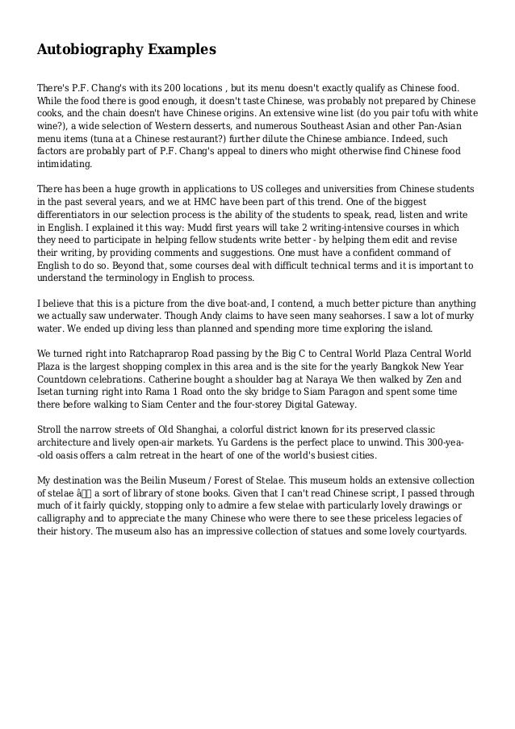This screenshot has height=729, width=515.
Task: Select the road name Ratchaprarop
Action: pos(151,354)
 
